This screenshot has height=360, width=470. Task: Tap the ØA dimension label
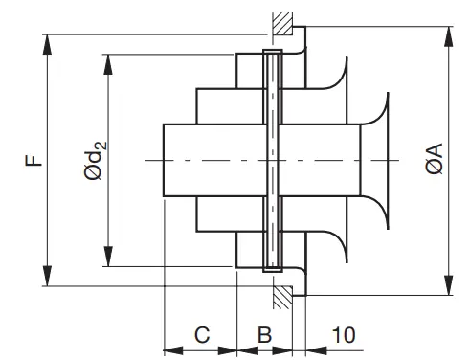(434, 159)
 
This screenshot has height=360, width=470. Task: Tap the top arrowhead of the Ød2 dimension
(108, 59)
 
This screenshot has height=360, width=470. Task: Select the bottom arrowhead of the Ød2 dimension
(108, 262)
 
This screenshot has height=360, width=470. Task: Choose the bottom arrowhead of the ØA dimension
(447, 291)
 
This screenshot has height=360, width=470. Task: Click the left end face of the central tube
(164, 159)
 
